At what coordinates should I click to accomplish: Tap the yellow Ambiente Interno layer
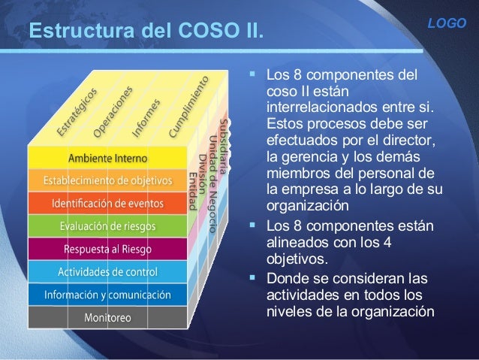[x=108, y=159]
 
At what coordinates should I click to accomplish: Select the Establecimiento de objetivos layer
[x=108, y=181]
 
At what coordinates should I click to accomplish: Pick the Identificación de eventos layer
[x=108, y=204]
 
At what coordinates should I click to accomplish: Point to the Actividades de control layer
[x=108, y=271]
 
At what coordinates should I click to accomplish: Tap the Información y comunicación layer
[x=108, y=294]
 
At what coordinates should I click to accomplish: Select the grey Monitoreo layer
[x=108, y=316]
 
